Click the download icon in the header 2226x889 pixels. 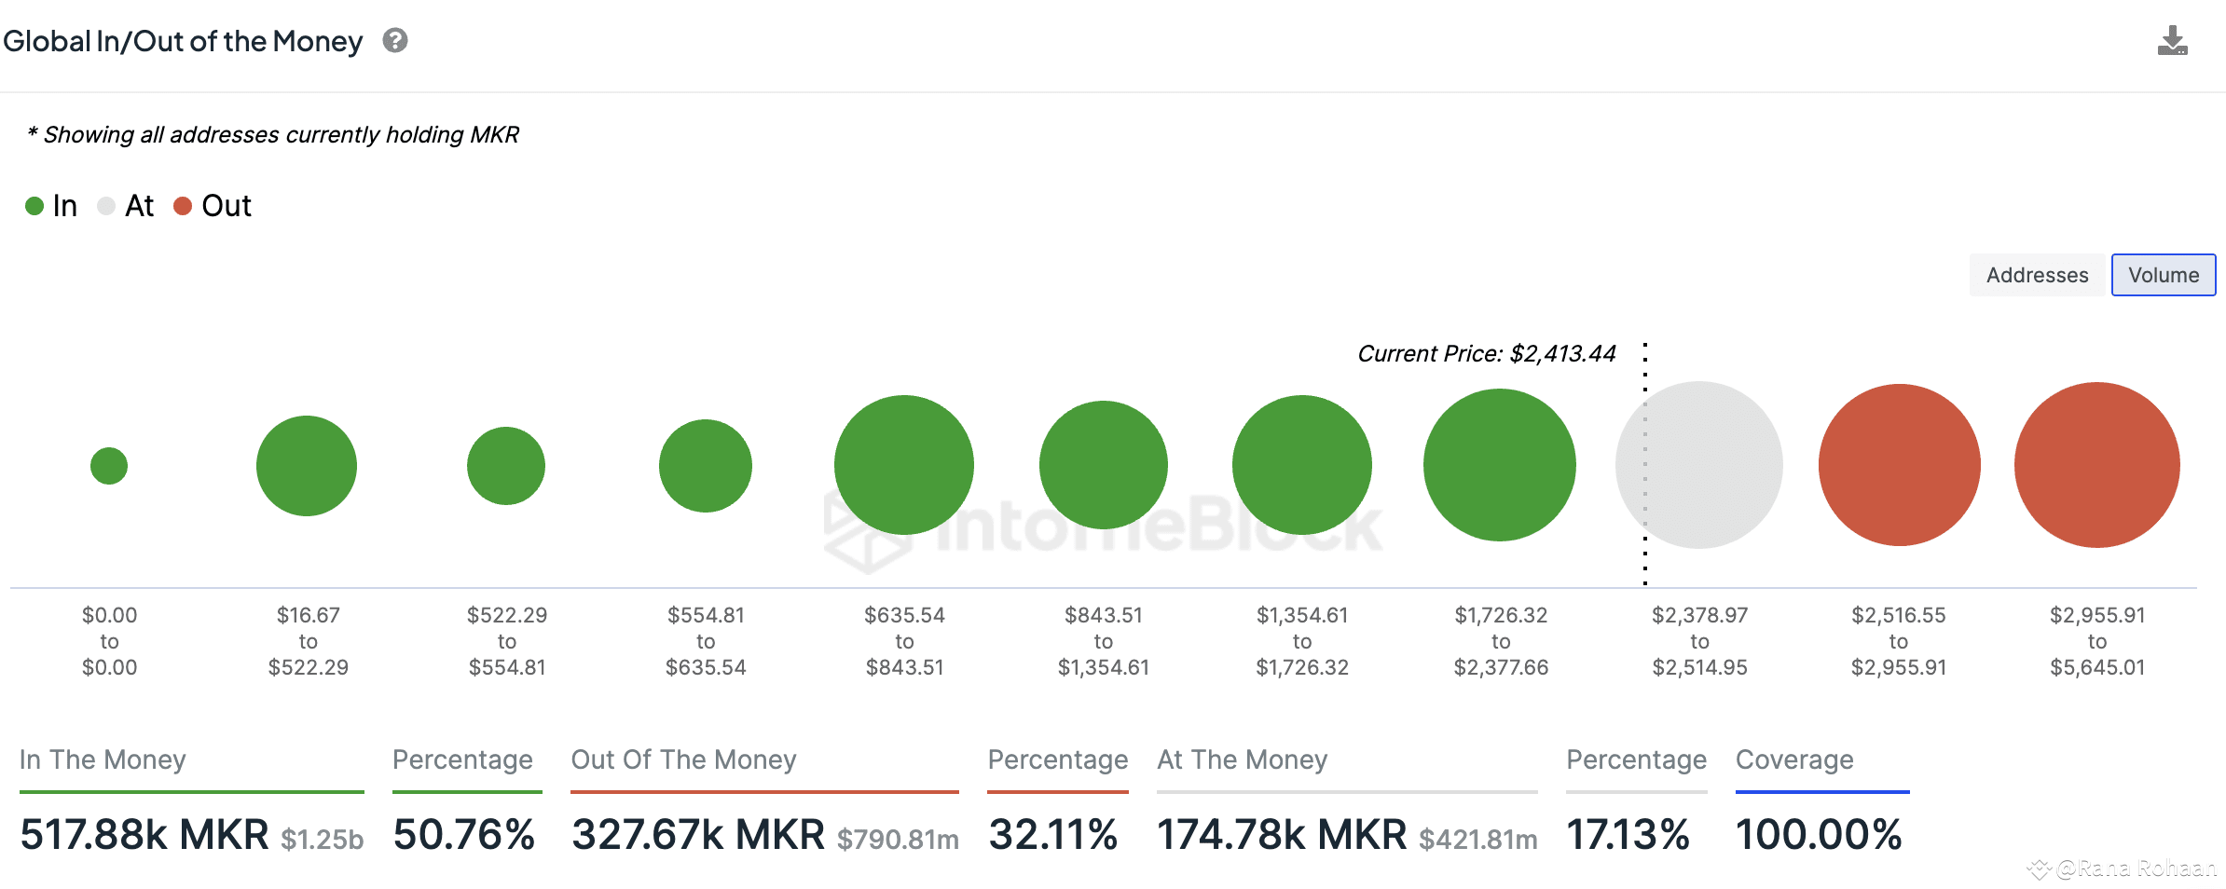coord(2172,41)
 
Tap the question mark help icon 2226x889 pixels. coord(395,41)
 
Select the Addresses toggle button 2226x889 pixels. coord(2037,275)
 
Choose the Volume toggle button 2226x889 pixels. coord(2163,275)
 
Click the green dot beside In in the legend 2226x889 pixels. coord(34,206)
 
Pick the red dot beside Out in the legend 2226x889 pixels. coord(183,206)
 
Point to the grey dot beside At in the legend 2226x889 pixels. coord(106,206)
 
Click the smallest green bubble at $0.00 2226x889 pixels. coord(109,466)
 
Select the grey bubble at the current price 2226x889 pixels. coord(1699,465)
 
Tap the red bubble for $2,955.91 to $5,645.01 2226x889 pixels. coord(2096,465)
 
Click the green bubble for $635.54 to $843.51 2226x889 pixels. coord(904,465)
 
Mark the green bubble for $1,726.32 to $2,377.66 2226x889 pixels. coord(1500,465)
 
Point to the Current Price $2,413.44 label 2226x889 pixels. coord(1486,354)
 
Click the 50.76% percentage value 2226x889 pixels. coord(464,834)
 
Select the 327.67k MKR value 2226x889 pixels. coord(698,834)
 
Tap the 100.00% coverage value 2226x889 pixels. coord(1818,834)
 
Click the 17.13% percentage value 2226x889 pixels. coord(1628,834)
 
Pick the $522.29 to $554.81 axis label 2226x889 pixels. coord(507,641)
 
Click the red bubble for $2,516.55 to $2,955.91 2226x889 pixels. coord(1899,465)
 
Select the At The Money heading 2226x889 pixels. coord(1242,759)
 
